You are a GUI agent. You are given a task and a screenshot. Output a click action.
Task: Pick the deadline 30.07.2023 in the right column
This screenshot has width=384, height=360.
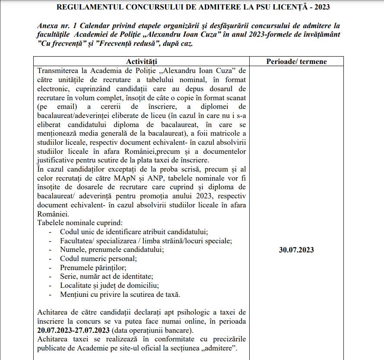[296, 250]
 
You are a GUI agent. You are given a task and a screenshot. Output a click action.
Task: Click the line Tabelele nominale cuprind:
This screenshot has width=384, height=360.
[80, 223]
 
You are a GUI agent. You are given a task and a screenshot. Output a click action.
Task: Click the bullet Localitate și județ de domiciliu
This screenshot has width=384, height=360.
[110, 286]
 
